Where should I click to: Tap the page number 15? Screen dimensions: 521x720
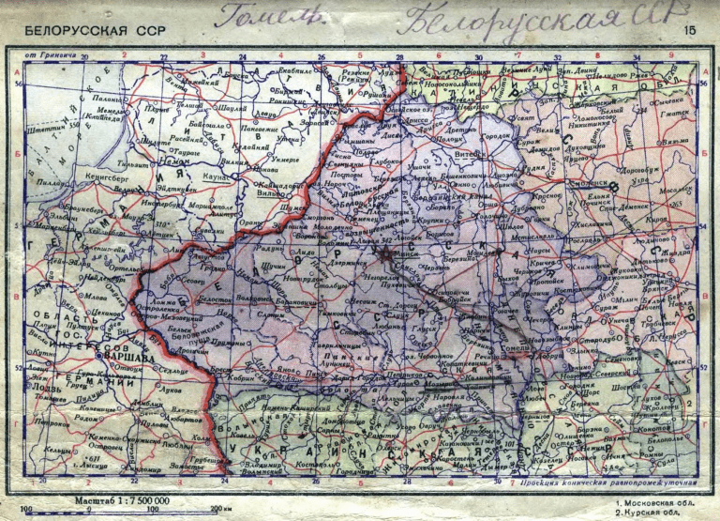click(x=690, y=31)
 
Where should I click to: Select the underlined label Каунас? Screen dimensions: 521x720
click(x=215, y=176)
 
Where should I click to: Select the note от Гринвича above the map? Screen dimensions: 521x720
click(x=46, y=56)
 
